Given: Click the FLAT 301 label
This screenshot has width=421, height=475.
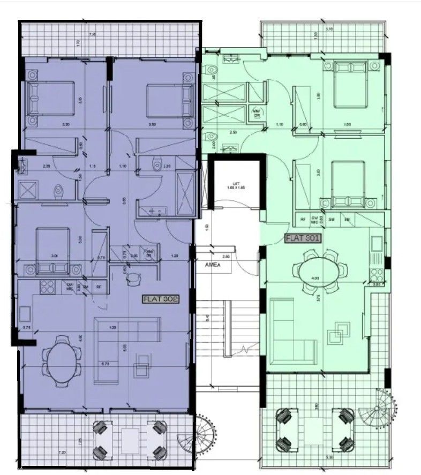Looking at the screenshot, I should pos(303,239).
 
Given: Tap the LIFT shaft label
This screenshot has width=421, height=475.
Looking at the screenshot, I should pos(231,185).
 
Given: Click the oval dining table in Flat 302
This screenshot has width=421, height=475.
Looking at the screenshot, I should pos(62,359).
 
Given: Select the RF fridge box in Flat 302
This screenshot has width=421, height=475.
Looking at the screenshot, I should pos(99,286).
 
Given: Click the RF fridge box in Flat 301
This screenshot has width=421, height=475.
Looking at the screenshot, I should pos(303,218).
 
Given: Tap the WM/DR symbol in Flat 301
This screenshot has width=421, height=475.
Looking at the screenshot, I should pos(257,112).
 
